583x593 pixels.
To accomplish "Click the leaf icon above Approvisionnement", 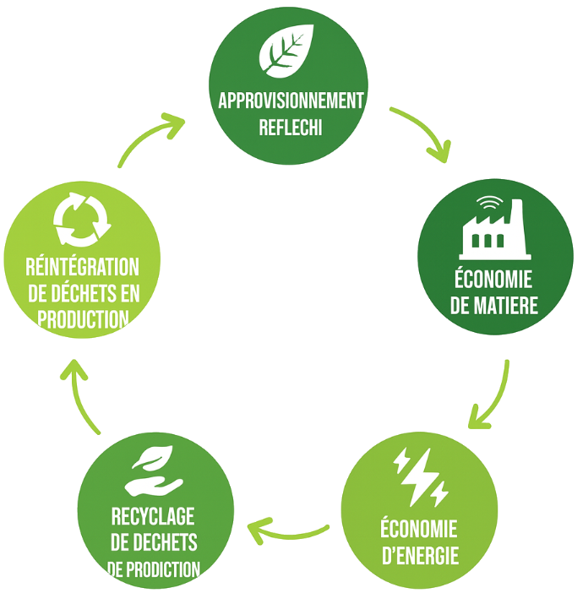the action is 286,51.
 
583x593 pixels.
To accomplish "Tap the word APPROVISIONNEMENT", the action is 291,101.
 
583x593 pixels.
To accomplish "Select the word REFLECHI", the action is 291,127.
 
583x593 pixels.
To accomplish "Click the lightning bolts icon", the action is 421,477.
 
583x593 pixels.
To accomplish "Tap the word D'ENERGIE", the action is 420,556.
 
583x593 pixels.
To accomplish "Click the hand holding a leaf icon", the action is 154,471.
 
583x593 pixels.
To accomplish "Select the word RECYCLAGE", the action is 153,516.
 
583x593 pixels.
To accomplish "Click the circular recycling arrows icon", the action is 82,220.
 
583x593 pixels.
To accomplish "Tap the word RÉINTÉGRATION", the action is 83,267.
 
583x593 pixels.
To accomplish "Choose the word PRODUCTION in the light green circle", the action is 84,319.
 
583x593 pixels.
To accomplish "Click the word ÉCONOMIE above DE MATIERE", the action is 493,278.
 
